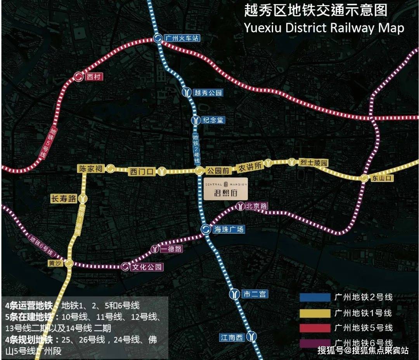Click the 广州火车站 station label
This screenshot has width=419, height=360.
[x=182, y=38]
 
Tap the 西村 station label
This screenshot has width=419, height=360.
[x=94, y=77]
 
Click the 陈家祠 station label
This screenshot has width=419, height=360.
[x=90, y=169]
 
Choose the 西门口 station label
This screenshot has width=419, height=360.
[x=142, y=171]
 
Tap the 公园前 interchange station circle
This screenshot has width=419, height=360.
[x=199, y=171]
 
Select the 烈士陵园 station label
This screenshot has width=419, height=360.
[x=313, y=163]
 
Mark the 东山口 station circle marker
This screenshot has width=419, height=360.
[x=364, y=178]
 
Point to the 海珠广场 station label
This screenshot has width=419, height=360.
[x=229, y=229]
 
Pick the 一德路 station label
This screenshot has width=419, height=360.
[x=171, y=249]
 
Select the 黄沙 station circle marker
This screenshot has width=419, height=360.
[x=69, y=263]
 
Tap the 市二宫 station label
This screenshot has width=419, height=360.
[x=254, y=294]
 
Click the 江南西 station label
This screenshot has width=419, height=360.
[x=232, y=337]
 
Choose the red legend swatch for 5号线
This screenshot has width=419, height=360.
[x=314, y=327]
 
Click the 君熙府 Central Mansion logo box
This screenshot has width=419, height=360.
[x=226, y=189]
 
